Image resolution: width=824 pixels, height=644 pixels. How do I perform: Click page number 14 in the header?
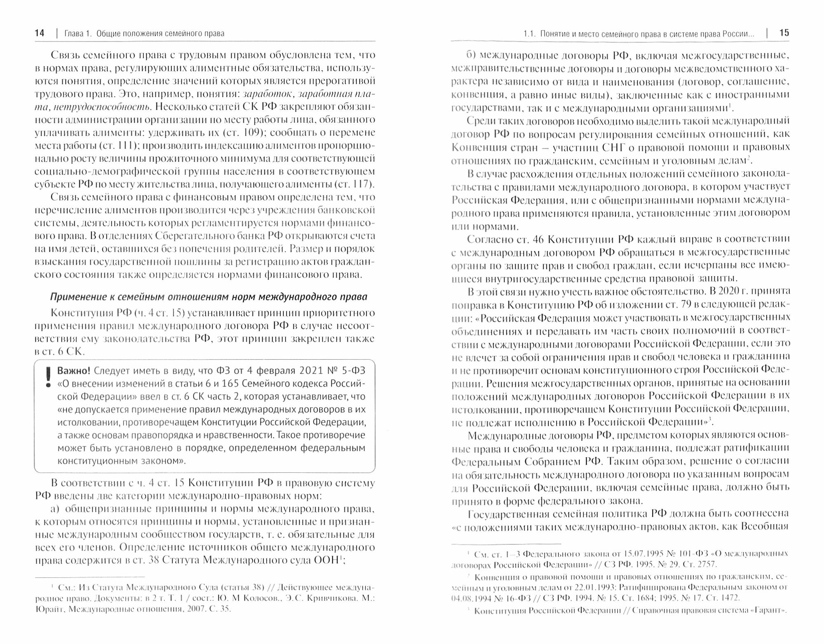click(40, 33)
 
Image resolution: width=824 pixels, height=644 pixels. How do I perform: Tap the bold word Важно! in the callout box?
click(74, 370)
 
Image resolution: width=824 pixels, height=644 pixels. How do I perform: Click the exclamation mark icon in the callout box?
click(48, 378)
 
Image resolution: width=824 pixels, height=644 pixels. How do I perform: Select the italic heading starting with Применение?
click(208, 297)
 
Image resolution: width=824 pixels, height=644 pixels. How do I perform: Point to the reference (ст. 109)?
click(246, 133)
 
